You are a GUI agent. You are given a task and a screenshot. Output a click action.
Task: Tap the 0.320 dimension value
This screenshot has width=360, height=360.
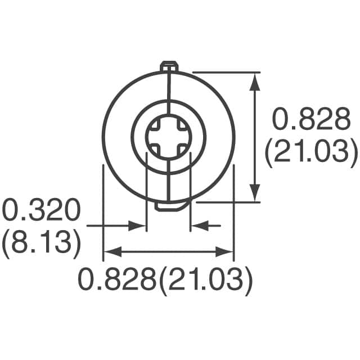pos(40,211)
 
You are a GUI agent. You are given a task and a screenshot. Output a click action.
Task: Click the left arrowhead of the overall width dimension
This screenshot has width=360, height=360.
pos(110,251)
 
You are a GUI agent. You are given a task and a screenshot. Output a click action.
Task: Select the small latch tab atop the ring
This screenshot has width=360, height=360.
pos(168,67)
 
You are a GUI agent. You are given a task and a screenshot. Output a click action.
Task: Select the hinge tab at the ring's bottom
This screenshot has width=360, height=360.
pos(168,206)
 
